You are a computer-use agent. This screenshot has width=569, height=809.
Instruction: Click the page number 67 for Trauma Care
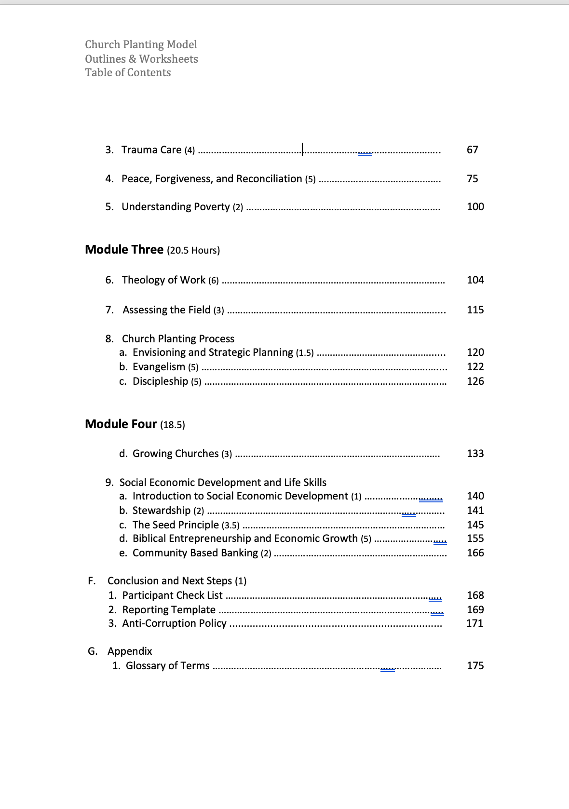point(472,150)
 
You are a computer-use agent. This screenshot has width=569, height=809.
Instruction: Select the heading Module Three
point(124,250)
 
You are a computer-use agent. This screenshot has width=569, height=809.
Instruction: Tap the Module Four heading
point(121,424)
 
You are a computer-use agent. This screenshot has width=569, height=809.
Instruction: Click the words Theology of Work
point(163,280)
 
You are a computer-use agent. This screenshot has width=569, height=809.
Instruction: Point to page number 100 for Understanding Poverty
point(475,207)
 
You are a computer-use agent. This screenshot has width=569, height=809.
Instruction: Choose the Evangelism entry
point(159,367)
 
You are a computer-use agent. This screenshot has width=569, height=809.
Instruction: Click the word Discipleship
point(160,381)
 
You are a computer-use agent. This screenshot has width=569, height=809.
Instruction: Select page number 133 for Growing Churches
point(475,454)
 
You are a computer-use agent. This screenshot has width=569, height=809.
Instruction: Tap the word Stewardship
point(162,511)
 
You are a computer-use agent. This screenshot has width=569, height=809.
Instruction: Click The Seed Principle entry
point(176,525)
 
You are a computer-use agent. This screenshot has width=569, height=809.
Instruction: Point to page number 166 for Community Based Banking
point(475,553)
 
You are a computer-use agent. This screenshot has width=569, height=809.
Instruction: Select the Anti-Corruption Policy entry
point(174,623)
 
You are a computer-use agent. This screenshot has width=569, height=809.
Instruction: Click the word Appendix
point(130,651)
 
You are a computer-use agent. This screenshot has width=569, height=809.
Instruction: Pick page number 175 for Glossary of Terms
point(475,666)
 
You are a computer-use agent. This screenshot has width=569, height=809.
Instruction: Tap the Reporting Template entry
point(169,610)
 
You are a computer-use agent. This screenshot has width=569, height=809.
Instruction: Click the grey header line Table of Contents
point(128,73)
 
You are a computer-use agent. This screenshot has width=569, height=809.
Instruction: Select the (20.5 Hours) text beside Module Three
point(193,251)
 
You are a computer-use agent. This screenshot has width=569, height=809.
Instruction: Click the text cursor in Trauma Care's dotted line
point(302,149)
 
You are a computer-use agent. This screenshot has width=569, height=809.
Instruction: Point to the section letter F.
point(91,581)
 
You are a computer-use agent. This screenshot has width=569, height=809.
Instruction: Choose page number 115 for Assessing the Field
point(475,310)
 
